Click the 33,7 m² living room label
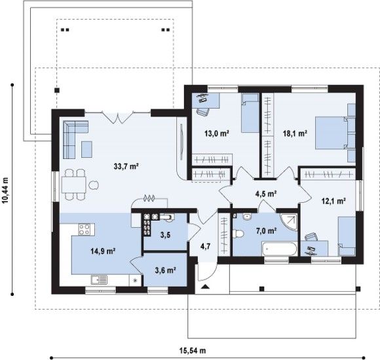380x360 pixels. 126,166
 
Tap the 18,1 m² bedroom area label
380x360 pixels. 295,133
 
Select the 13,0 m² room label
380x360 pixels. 217,133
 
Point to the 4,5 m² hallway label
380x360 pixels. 266,194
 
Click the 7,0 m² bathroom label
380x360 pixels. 267,230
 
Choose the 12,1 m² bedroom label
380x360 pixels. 333,201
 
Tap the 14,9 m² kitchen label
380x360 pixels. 103,251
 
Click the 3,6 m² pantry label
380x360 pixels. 165,270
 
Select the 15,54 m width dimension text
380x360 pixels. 193,350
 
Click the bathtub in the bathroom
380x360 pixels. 279,248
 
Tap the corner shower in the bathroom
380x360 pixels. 289,221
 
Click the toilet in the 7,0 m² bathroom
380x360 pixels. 238,234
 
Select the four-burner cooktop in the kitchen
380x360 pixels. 84,229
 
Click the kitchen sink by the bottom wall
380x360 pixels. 99,279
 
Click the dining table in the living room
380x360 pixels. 73,185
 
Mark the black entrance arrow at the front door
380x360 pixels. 205,287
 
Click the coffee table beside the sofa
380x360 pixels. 86,149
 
